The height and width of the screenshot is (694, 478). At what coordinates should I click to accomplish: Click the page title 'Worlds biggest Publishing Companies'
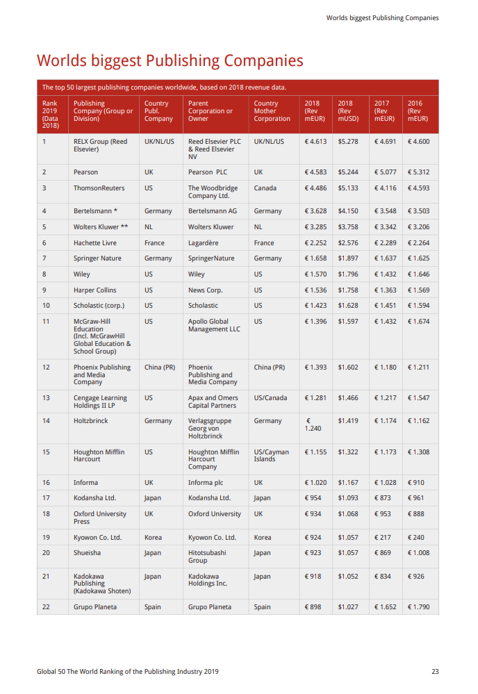click(x=170, y=60)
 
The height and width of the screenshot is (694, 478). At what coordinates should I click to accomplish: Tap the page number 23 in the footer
click(x=435, y=671)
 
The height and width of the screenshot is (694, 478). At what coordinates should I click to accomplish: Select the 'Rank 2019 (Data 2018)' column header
click(x=50, y=115)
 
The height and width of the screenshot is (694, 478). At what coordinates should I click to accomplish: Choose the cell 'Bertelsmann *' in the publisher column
click(x=95, y=211)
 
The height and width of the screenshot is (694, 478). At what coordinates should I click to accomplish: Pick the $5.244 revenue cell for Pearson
click(x=348, y=172)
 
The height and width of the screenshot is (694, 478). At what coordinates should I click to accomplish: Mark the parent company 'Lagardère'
click(x=203, y=243)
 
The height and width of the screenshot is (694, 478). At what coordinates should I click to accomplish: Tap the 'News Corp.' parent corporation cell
click(x=205, y=290)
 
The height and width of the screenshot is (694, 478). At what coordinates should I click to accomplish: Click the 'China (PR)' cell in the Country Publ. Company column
click(x=159, y=367)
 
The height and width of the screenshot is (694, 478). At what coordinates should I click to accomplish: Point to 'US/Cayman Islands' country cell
click(x=271, y=455)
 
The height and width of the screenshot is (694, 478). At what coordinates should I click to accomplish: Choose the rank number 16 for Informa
click(x=46, y=482)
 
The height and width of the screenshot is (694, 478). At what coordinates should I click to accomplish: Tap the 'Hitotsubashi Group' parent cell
click(x=207, y=556)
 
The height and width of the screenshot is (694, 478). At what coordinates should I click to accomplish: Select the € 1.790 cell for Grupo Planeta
click(x=418, y=606)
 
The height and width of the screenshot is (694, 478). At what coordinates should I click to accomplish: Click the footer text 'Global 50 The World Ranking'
click(x=128, y=671)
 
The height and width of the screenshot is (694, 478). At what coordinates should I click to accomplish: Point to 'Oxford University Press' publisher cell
click(x=100, y=518)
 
